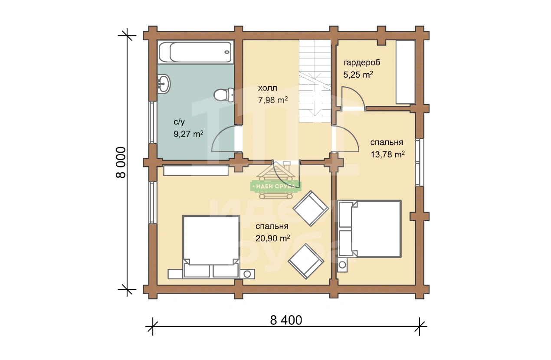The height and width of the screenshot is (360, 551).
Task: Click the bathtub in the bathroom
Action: pyautogui.click(x=196, y=52)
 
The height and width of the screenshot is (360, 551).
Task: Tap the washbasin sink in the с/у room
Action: pyautogui.click(x=164, y=84)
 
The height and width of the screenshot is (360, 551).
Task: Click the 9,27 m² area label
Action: pyautogui.click(x=188, y=134)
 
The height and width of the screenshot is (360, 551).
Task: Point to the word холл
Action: pyautogui.click(x=268, y=88)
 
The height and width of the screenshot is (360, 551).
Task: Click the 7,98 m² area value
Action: pyautogui.click(x=273, y=100)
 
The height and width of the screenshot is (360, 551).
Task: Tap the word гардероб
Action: pyautogui.click(x=361, y=63)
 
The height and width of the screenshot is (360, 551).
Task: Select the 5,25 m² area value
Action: pyautogui.click(x=358, y=75)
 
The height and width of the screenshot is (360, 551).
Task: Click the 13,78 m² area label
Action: pyautogui.click(x=387, y=154)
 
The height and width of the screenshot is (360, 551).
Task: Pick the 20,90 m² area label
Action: pyautogui.click(x=272, y=238)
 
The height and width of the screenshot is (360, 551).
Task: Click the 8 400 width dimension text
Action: pyautogui.click(x=286, y=321)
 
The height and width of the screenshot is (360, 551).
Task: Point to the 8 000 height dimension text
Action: pyautogui.click(x=121, y=162)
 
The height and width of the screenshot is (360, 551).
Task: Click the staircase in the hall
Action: pyautogui.click(x=315, y=81)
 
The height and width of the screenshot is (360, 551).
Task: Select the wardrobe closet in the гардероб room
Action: pyautogui.click(x=405, y=72)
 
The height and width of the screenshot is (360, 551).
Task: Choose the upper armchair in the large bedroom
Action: pyautogui.click(x=311, y=209)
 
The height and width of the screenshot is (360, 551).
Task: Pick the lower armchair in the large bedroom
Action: pyautogui.click(x=306, y=262)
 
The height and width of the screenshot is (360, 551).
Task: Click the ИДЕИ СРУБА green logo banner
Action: pyautogui.click(x=275, y=186)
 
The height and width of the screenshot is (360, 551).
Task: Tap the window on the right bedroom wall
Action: pyautogui.click(x=420, y=162)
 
